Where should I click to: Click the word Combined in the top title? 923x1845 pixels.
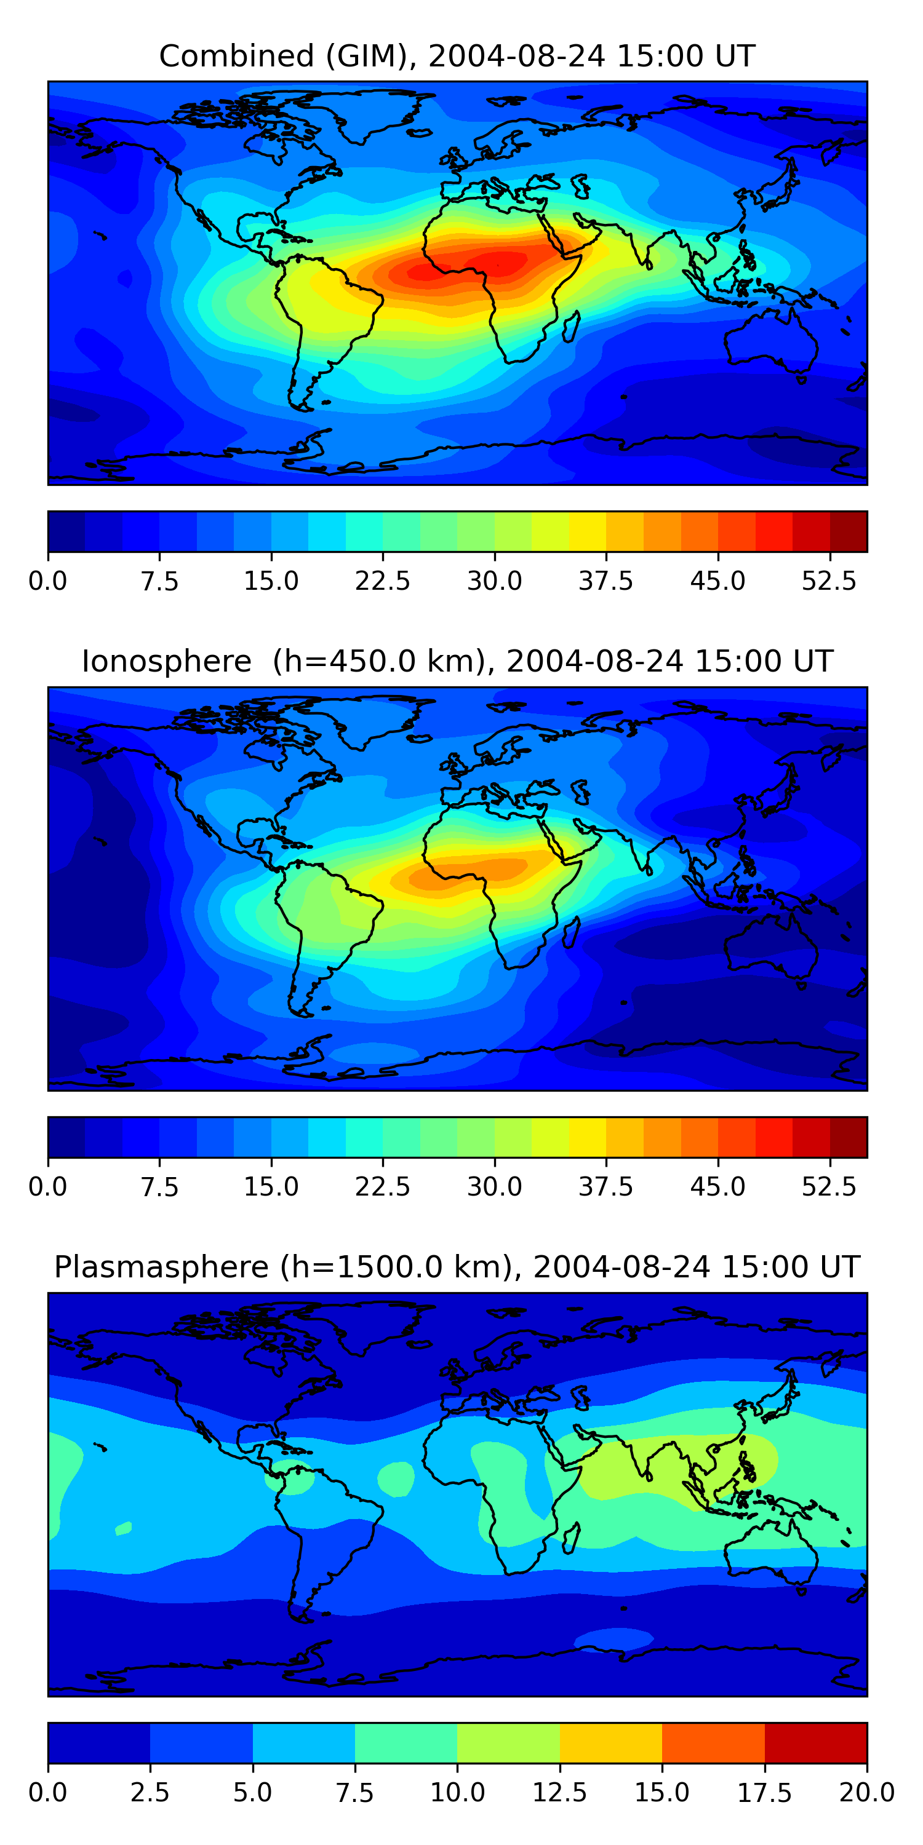click(236, 56)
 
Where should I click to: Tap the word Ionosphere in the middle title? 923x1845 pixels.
click(166, 661)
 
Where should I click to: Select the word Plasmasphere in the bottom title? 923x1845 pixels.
click(161, 1267)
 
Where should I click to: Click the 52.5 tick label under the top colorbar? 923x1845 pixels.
click(828, 581)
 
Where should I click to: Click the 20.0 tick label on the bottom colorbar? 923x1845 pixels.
click(866, 1793)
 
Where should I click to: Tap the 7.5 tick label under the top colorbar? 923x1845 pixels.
click(159, 581)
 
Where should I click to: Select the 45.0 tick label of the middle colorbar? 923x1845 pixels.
click(717, 1187)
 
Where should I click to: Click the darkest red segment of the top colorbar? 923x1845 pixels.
click(849, 531)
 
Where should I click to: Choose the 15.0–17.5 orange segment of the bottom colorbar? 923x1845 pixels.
click(713, 1742)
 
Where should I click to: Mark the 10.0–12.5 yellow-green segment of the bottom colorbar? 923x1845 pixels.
click(508, 1742)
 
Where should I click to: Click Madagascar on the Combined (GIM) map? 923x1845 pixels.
click(571, 327)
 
